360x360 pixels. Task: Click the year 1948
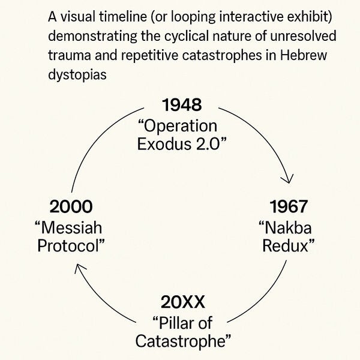point(182,106)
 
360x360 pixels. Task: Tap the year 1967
point(288,207)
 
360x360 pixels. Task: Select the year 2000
point(71,207)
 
